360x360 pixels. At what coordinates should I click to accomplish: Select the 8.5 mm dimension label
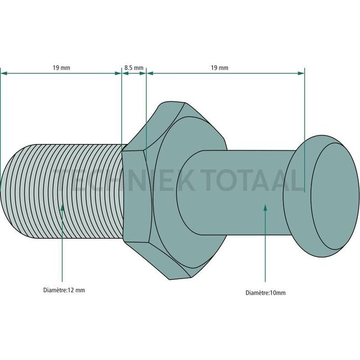click(133, 68)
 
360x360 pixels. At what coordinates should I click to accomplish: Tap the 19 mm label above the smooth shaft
click(219, 68)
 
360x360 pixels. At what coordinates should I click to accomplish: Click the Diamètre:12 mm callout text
click(64, 290)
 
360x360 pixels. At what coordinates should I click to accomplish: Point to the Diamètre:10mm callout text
click(266, 292)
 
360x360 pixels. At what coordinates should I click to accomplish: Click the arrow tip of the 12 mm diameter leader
click(62, 205)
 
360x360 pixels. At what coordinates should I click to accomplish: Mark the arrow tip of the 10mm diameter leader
click(266, 205)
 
